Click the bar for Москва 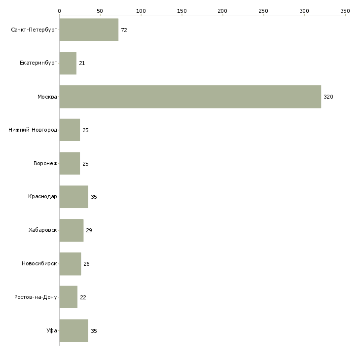[x=190, y=97]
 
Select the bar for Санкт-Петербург [x=89, y=30]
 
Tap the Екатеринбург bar [x=68, y=63]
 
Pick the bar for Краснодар [x=73, y=197]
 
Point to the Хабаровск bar [x=71, y=230]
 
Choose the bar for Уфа [x=73, y=330]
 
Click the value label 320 [x=328, y=97]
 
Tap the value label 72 [x=124, y=30]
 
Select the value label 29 [x=89, y=230]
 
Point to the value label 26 [x=86, y=264]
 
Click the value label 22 [x=83, y=297]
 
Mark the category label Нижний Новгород [x=33, y=130]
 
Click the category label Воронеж [x=45, y=164]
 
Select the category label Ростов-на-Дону [x=36, y=297]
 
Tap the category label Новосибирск [x=39, y=264]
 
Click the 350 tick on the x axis [x=345, y=10]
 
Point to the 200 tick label [x=222, y=10]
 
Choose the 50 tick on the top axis [x=100, y=10]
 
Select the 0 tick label [x=59, y=10]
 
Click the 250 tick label [x=263, y=10]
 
